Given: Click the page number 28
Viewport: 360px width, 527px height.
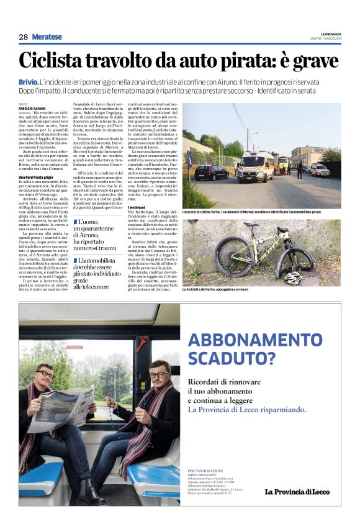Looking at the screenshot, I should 23,37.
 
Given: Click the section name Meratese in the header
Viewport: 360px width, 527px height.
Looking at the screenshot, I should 47,37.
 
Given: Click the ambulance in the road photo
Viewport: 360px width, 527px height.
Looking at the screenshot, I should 255,167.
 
